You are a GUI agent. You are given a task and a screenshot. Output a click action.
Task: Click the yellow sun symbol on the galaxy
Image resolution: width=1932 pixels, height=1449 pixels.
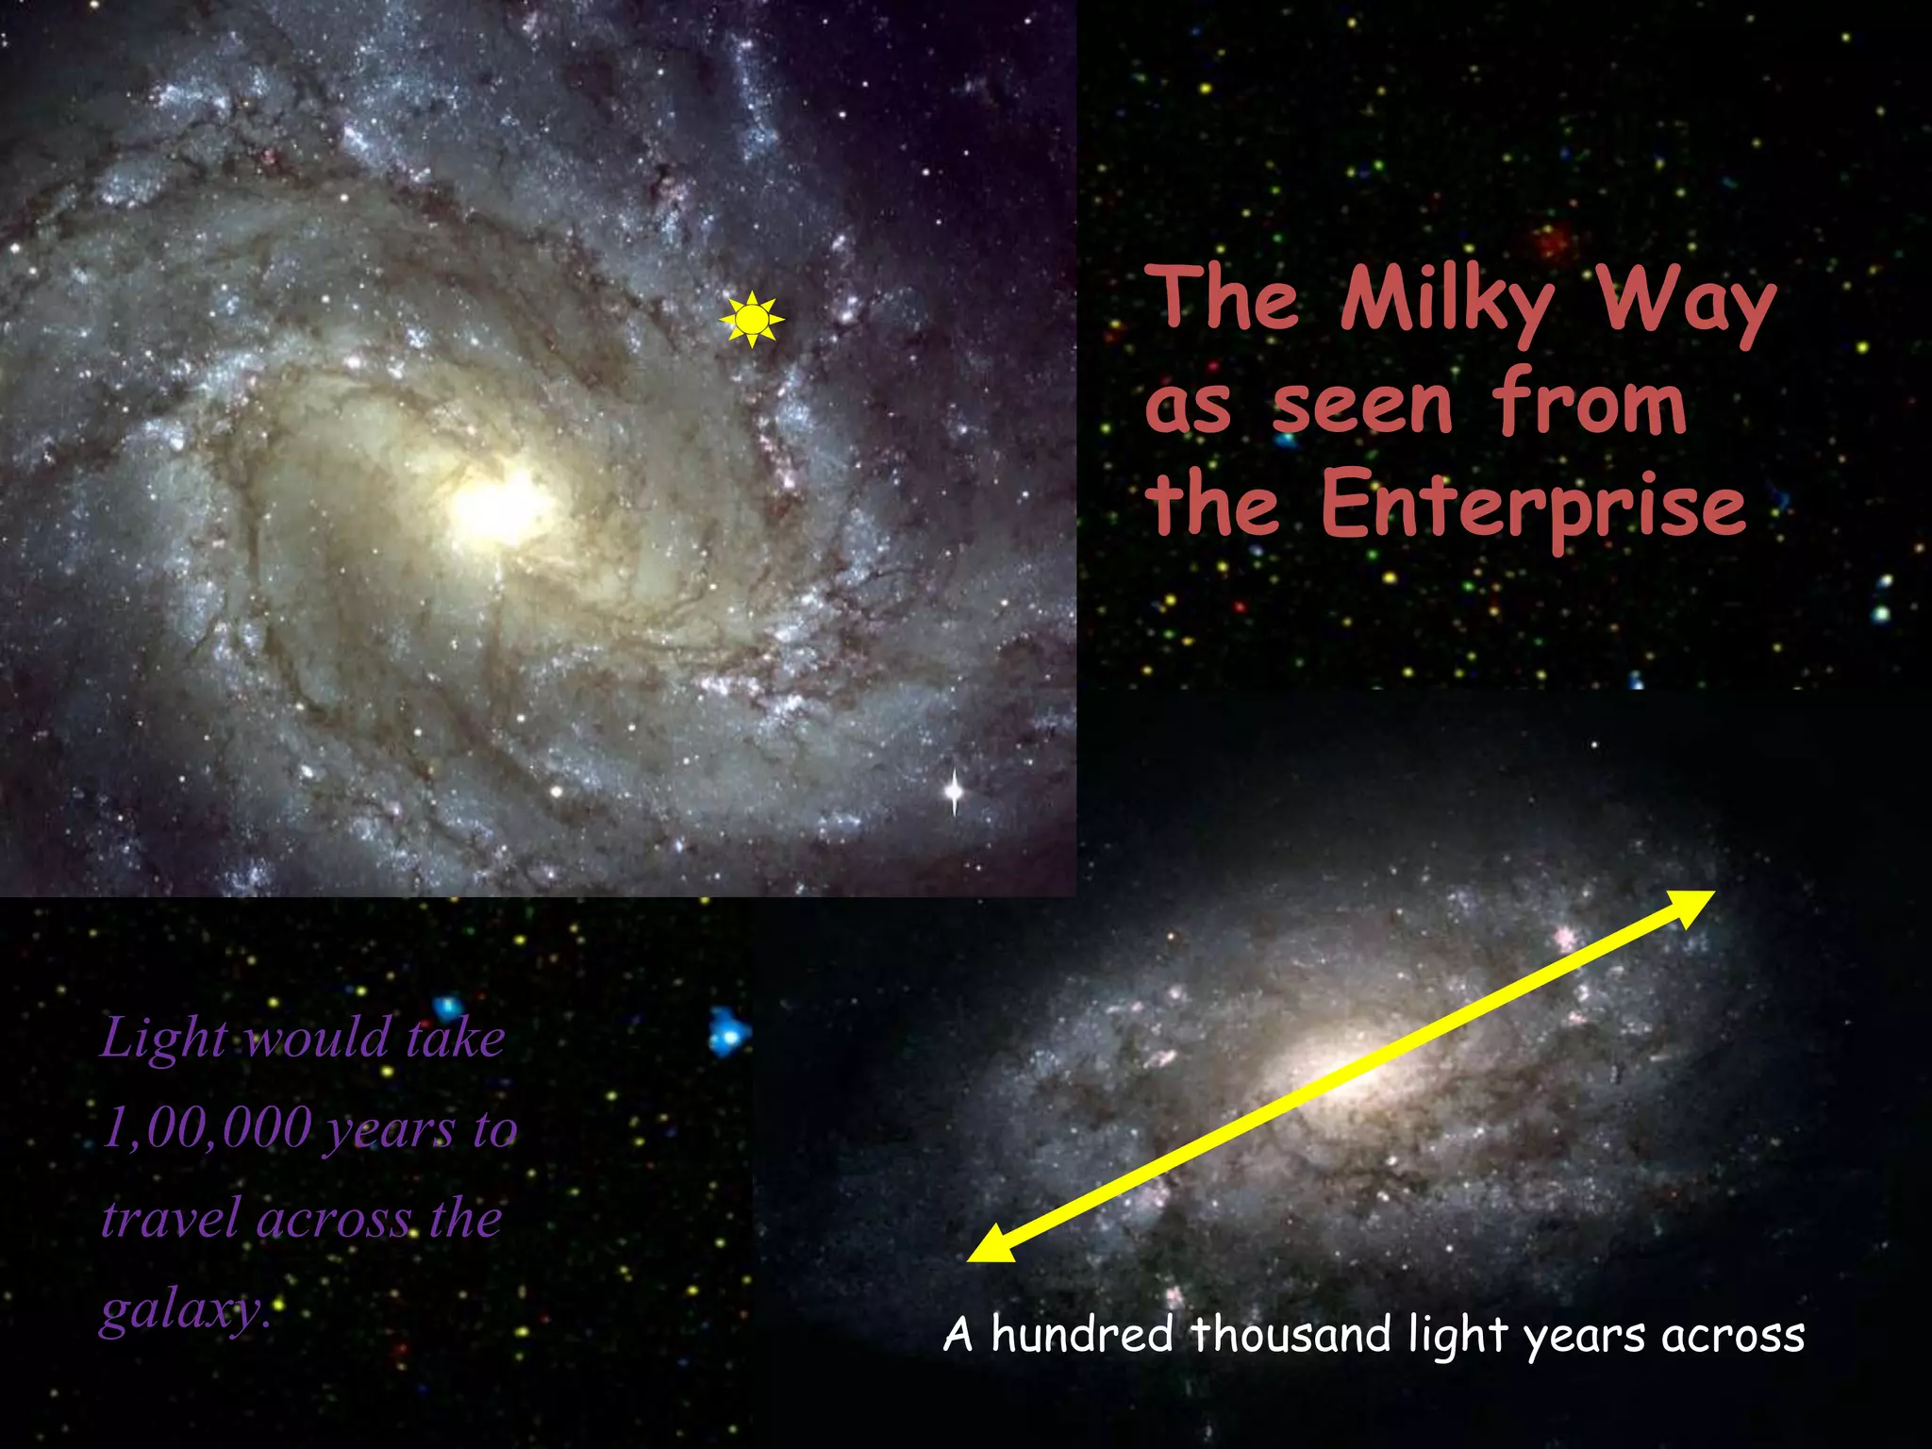tap(751, 320)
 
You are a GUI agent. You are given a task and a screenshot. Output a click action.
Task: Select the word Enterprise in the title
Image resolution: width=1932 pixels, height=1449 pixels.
tap(1533, 505)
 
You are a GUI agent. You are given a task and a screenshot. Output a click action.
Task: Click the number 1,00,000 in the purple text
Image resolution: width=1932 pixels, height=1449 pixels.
tap(207, 1127)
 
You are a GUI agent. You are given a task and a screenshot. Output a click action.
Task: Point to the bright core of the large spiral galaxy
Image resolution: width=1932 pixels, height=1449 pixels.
tap(500, 506)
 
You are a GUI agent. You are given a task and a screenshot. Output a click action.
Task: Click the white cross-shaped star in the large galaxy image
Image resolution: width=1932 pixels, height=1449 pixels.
tap(955, 791)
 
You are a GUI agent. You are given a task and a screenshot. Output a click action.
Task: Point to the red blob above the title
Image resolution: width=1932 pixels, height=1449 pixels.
tap(1551, 241)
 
